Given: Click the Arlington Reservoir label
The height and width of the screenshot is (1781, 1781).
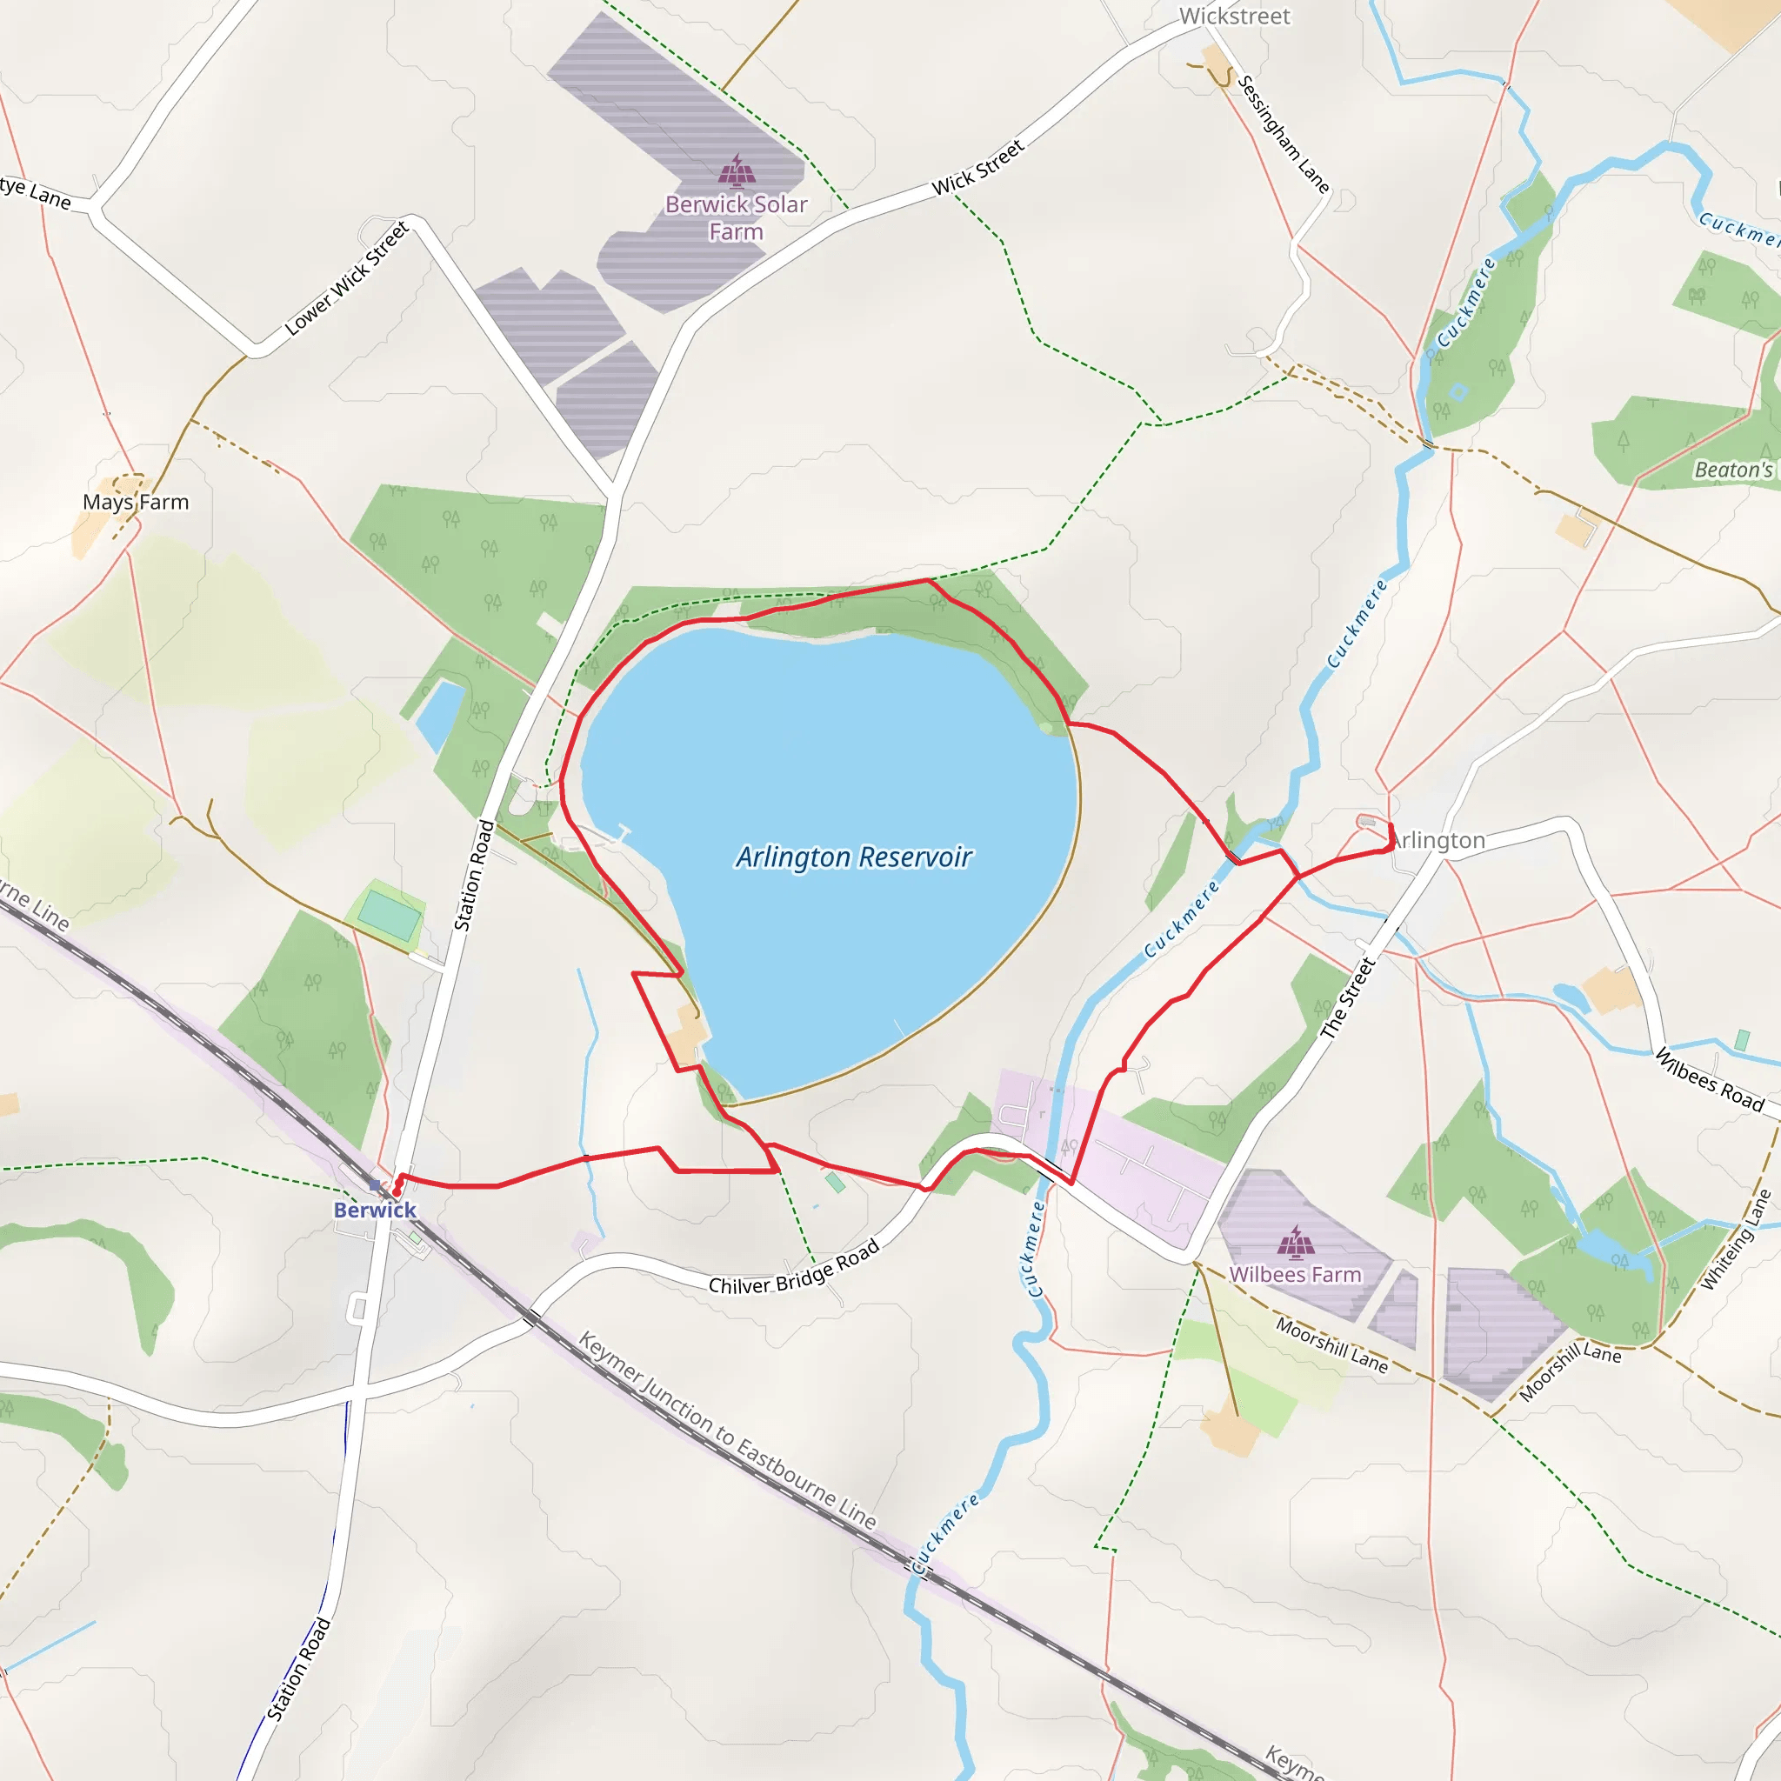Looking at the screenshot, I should (x=853, y=857).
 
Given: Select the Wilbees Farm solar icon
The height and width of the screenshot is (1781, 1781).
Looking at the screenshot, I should (x=1295, y=1242).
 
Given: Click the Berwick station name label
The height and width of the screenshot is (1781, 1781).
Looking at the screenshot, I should (x=375, y=1210).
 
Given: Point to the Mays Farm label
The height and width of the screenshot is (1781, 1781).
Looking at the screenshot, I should (x=136, y=503).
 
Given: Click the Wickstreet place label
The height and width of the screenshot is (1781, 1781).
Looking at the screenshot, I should (x=1234, y=17).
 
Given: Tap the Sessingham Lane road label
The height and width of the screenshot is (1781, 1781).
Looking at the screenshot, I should (x=1283, y=135).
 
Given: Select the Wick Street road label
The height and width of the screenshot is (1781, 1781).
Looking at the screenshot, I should (x=978, y=168).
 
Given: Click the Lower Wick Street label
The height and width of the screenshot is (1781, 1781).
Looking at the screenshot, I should (x=347, y=278).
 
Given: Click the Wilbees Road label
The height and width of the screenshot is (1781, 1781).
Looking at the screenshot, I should (x=1710, y=1079).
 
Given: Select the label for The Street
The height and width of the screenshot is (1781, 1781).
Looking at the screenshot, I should (x=1348, y=998).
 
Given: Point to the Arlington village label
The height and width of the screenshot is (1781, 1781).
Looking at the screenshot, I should (x=1440, y=840).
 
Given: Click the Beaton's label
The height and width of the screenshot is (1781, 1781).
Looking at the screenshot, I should (x=1733, y=470).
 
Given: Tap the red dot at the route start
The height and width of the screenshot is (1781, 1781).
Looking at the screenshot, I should (x=397, y=1192).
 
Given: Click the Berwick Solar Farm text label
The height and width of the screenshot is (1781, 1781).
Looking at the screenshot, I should (x=737, y=217).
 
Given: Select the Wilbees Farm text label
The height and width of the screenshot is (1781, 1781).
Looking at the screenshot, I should (x=1295, y=1274).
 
